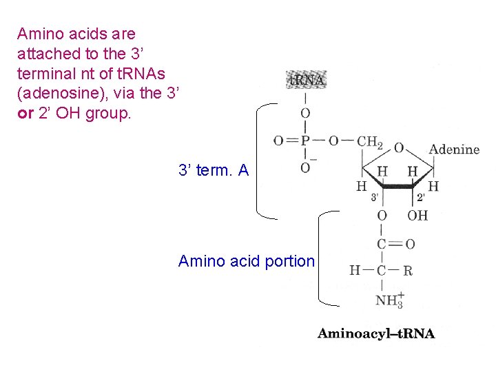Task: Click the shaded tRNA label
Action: [x=306, y=80]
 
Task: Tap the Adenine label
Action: [x=454, y=149]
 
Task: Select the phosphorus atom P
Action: [x=305, y=141]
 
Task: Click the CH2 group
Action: [x=370, y=142]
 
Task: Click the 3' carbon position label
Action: [x=375, y=197]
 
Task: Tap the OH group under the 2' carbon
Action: [x=417, y=216]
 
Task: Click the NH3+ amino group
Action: [x=389, y=300]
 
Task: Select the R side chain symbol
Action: [x=408, y=271]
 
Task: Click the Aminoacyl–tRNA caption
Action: [x=376, y=334]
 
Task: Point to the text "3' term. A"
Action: [x=214, y=170]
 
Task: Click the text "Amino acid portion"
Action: [x=246, y=261]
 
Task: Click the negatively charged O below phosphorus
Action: [x=305, y=167]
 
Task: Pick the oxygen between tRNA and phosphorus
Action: [x=305, y=114]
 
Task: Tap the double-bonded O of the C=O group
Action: [x=410, y=244]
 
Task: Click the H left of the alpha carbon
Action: [x=354, y=270]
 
